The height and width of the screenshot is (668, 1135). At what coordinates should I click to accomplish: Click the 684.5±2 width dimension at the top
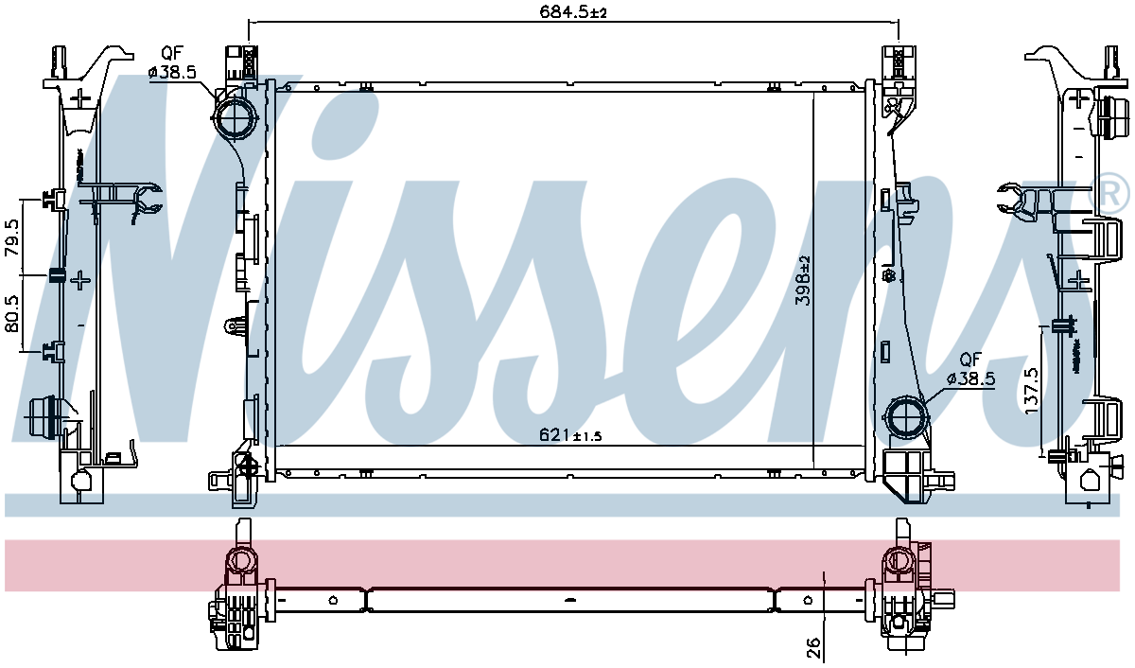coord(572,11)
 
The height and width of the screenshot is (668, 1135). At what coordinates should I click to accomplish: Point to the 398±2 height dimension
coord(804,281)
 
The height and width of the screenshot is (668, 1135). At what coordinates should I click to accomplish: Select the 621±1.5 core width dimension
coord(570,435)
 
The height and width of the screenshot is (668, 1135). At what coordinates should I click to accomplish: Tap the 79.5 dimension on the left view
coord(12,237)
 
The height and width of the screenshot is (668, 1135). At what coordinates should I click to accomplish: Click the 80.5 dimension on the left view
coord(12,314)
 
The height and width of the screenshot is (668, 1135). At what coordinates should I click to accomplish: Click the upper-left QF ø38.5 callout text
coord(172,62)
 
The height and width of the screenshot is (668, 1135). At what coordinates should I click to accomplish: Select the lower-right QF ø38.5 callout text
coord(970,369)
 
